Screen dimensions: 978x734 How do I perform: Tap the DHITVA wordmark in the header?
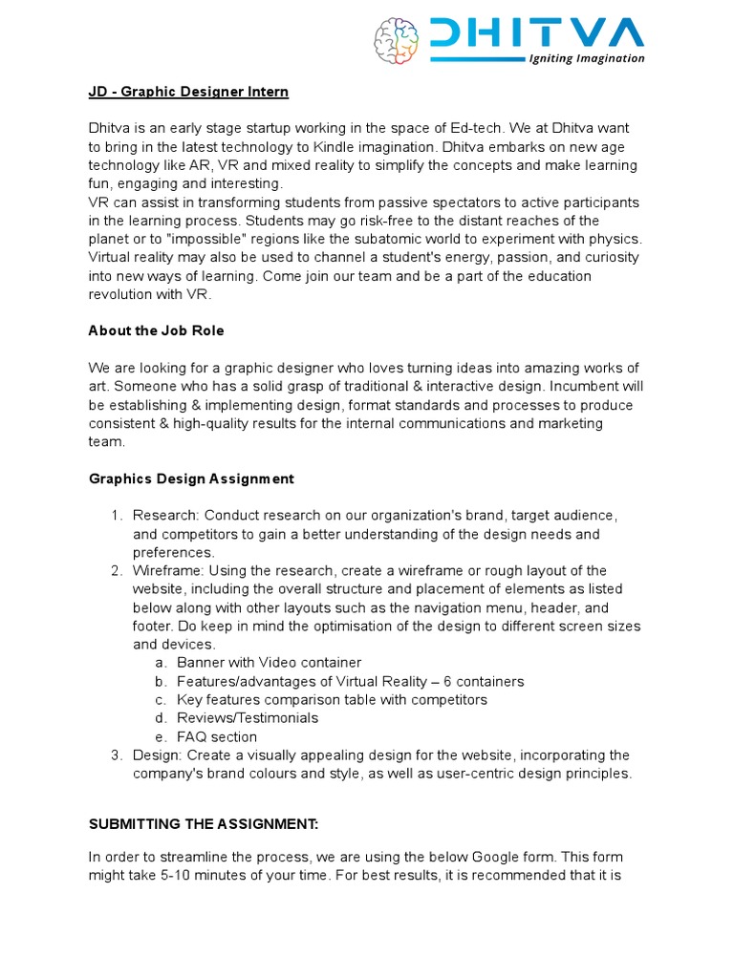pyautogui.click(x=536, y=33)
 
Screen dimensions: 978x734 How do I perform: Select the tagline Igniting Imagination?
pyautogui.click(x=587, y=58)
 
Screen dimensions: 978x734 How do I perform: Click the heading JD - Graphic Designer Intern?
pyautogui.click(x=188, y=92)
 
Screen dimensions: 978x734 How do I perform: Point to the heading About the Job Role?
pyautogui.click(x=156, y=330)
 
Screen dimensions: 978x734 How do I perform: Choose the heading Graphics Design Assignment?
pyautogui.click(x=191, y=478)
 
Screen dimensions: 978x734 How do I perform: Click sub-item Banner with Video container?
pyautogui.click(x=270, y=663)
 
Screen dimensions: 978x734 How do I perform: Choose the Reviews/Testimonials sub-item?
pyautogui.click(x=248, y=718)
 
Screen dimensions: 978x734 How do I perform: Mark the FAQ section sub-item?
pyautogui.click(x=217, y=737)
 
